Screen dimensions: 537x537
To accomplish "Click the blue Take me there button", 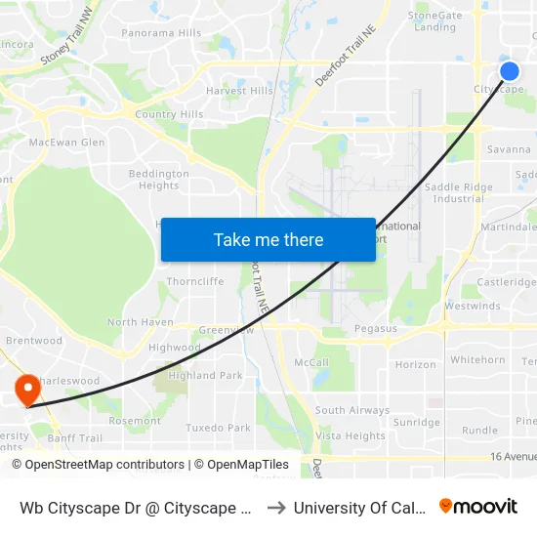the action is click(268, 239).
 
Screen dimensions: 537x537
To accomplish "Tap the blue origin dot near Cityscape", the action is click(509, 71).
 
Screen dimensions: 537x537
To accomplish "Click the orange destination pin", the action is click(27, 389).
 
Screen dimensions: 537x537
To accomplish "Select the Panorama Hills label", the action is click(161, 33).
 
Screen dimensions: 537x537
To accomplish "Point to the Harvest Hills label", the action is click(239, 91).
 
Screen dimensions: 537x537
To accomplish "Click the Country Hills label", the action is click(169, 114).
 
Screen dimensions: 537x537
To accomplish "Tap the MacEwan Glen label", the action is click(67, 143).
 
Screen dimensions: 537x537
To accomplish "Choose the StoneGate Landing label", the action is click(434, 21).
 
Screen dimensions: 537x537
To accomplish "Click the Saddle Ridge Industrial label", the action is click(458, 192).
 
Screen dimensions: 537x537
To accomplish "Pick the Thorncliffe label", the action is click(195, 281).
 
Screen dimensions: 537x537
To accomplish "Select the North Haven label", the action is click(140, 322).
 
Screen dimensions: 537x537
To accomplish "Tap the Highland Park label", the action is click(205, 375).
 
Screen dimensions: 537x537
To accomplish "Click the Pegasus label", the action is click(376, 329).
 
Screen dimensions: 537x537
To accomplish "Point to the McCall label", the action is click(310, 362).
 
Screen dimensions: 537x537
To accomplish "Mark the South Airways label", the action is click(351, 411).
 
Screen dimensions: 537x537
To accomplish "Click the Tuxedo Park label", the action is click(218, 428).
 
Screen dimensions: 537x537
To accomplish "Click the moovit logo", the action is click(477, 506).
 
